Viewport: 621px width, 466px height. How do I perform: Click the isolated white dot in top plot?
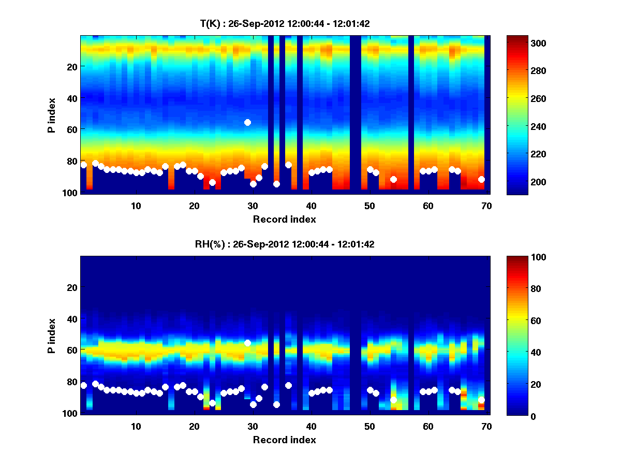tap(247, 122)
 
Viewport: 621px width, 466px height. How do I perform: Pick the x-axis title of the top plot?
tap(285, 219)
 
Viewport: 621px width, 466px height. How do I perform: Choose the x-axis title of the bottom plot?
tap(285, 440)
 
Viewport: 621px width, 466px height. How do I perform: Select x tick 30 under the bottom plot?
tap(253, 426)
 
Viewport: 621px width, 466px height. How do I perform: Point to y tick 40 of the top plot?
tap(71, 98)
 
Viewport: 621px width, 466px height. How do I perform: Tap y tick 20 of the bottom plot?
tap(71, 287)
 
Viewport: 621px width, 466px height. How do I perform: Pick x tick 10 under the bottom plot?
tap(136, 426)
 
